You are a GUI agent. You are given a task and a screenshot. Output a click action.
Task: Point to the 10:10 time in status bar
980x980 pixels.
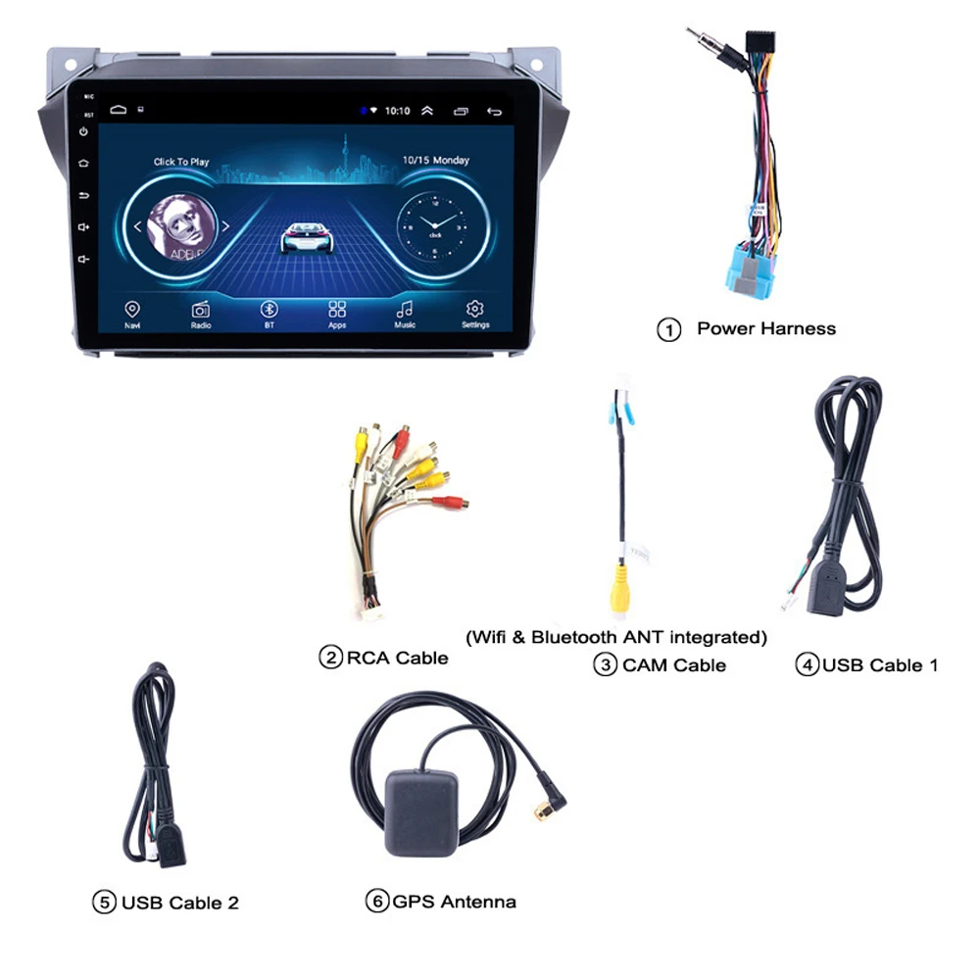click(397, 111)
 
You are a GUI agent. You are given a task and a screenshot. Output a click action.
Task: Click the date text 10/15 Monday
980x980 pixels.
click(436, 160)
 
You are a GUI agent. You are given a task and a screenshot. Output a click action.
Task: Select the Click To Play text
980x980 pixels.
click(181, 162)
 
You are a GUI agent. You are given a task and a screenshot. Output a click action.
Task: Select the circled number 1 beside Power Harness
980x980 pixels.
click(668, 330)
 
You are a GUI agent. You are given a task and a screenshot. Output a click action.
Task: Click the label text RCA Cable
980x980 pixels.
click(397, 658)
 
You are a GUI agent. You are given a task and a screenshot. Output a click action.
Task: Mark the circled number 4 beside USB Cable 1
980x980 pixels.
click(806, 665)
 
